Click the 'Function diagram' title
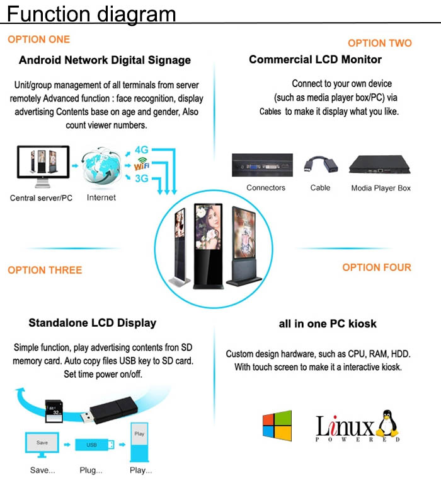91,13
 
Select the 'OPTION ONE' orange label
38,39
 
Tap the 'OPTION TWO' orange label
379,43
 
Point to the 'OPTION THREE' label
45,270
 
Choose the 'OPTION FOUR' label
377,267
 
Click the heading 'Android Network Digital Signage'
105,61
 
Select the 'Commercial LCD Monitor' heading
315,60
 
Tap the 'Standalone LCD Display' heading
92,323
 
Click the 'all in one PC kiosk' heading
328,324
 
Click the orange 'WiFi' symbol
142,165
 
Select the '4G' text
142,150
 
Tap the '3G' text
142,178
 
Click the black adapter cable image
319,167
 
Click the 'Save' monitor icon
42,444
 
